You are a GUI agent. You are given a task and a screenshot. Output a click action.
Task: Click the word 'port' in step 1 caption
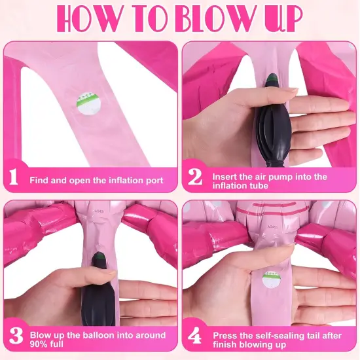click(x=153, y=181)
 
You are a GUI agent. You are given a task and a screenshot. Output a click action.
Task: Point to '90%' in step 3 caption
click(x=41, y=344)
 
